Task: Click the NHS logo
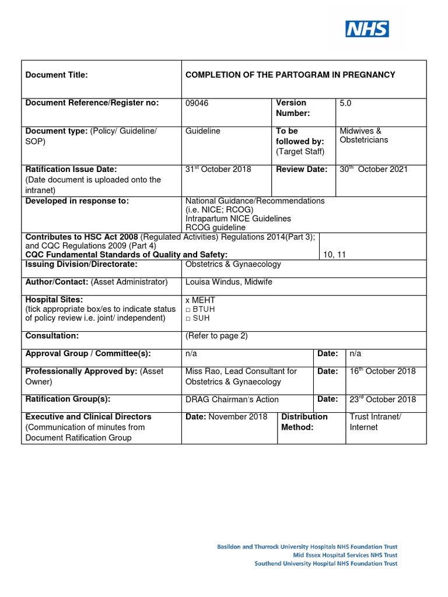click(367, 29)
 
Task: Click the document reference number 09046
click(197, 103)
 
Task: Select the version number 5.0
click(345, 103)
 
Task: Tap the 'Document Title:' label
click(57, 75)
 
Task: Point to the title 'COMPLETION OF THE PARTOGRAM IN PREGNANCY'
click(290, 75)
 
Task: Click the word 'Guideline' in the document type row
click(202, 131)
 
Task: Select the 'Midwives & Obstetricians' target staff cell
click(364, 135)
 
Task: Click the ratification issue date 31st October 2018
click(218, 170)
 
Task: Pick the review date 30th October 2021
click(374, 170)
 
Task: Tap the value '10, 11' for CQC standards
click(334, 255)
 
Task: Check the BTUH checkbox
click(188, 310)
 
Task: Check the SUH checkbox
click(188, 318)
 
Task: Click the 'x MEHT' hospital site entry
click(200, 300)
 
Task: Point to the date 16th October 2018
click(383, 372)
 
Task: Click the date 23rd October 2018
click(383, 399)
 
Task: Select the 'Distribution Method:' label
click(304, 422)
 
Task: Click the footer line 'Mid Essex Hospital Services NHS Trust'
click(345, 556)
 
